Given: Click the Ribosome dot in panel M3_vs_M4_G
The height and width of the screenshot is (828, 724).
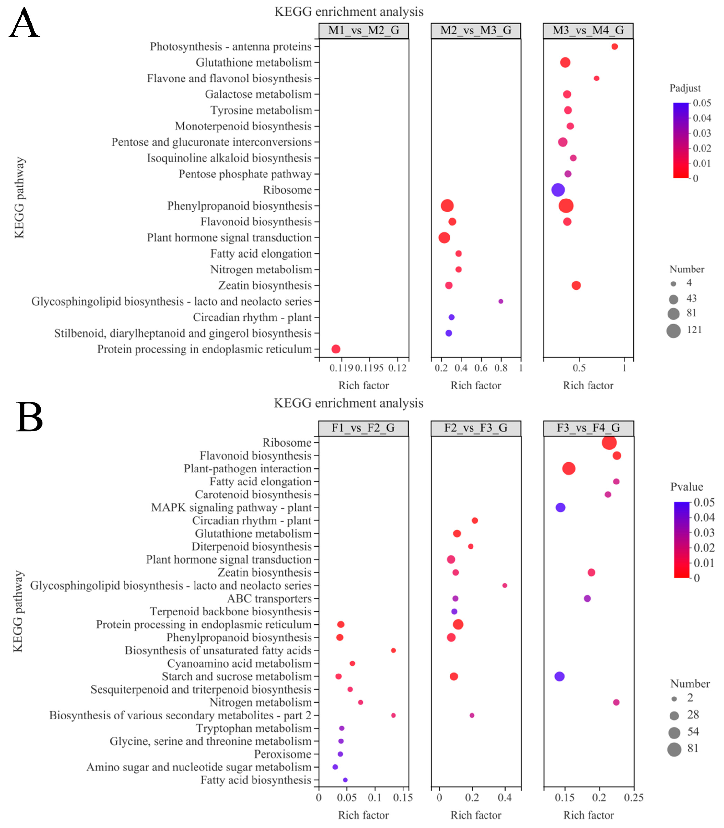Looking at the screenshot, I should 557,189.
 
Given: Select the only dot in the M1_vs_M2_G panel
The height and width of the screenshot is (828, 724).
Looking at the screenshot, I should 335,349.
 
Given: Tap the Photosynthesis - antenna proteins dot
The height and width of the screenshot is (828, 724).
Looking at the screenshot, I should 614,46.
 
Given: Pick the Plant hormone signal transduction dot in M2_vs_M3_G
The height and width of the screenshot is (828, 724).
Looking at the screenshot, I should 444,237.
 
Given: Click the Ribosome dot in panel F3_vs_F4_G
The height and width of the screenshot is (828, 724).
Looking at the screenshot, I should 609,442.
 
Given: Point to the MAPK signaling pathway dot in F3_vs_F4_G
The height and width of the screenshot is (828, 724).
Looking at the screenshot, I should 560,507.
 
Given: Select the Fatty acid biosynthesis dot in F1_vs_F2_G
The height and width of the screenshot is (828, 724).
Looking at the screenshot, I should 345,779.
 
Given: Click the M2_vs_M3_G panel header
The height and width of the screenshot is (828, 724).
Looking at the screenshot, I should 475,30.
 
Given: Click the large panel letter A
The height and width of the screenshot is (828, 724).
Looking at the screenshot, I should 24,24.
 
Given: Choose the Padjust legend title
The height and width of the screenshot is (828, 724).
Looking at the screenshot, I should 685,88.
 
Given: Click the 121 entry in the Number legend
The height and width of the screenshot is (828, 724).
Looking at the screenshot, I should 694,330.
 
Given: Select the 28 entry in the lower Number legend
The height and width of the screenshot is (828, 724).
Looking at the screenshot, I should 693,715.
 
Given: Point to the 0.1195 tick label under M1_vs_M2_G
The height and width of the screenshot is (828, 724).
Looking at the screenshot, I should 369,368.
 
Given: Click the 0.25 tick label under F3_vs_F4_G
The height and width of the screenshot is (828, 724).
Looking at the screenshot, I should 633,797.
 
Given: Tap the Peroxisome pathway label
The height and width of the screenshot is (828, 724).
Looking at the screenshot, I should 282,754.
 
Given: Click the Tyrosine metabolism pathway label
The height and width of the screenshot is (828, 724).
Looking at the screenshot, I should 261,110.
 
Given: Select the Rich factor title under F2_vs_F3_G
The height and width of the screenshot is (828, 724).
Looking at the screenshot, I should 475,815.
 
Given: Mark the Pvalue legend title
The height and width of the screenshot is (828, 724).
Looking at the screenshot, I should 687,487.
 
